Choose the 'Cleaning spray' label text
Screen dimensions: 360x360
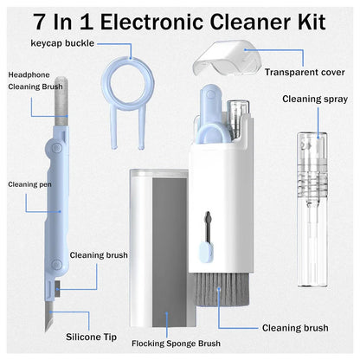(x=314, y=100)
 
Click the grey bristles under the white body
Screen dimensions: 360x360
(x=215, y=289)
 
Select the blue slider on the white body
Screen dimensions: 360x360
(x=202, y=253)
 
